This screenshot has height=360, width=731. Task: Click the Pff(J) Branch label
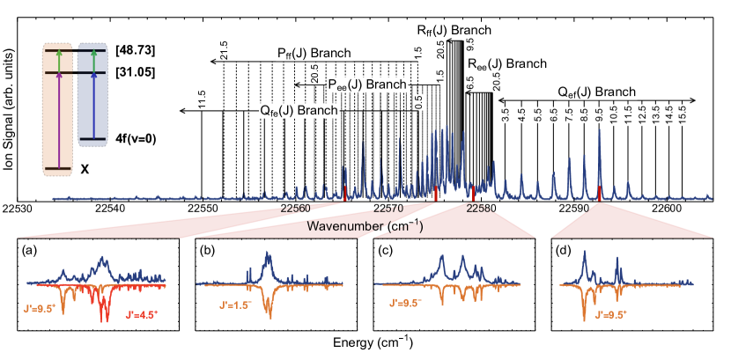click(x=314, y=54)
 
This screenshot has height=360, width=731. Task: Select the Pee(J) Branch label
click(x=367, y=84)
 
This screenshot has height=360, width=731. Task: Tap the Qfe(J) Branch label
click(x=298, y=111)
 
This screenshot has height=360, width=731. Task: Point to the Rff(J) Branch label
click(x=454, y=31)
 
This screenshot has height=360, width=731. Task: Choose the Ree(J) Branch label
click(x=506, y=64)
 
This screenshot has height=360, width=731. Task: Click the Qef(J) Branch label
click(x=596, y=92)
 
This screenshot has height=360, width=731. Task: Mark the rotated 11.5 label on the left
click(x=202, y=99)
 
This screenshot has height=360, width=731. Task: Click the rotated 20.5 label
click(x=314, y=74)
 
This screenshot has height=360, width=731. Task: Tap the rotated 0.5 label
click(x=418, y=102)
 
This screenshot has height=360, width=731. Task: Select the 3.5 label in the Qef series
click(x=505, y=115)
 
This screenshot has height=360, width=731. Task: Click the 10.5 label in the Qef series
click(x=613, y=115)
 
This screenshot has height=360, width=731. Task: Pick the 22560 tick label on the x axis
click(x=296, y=209)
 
